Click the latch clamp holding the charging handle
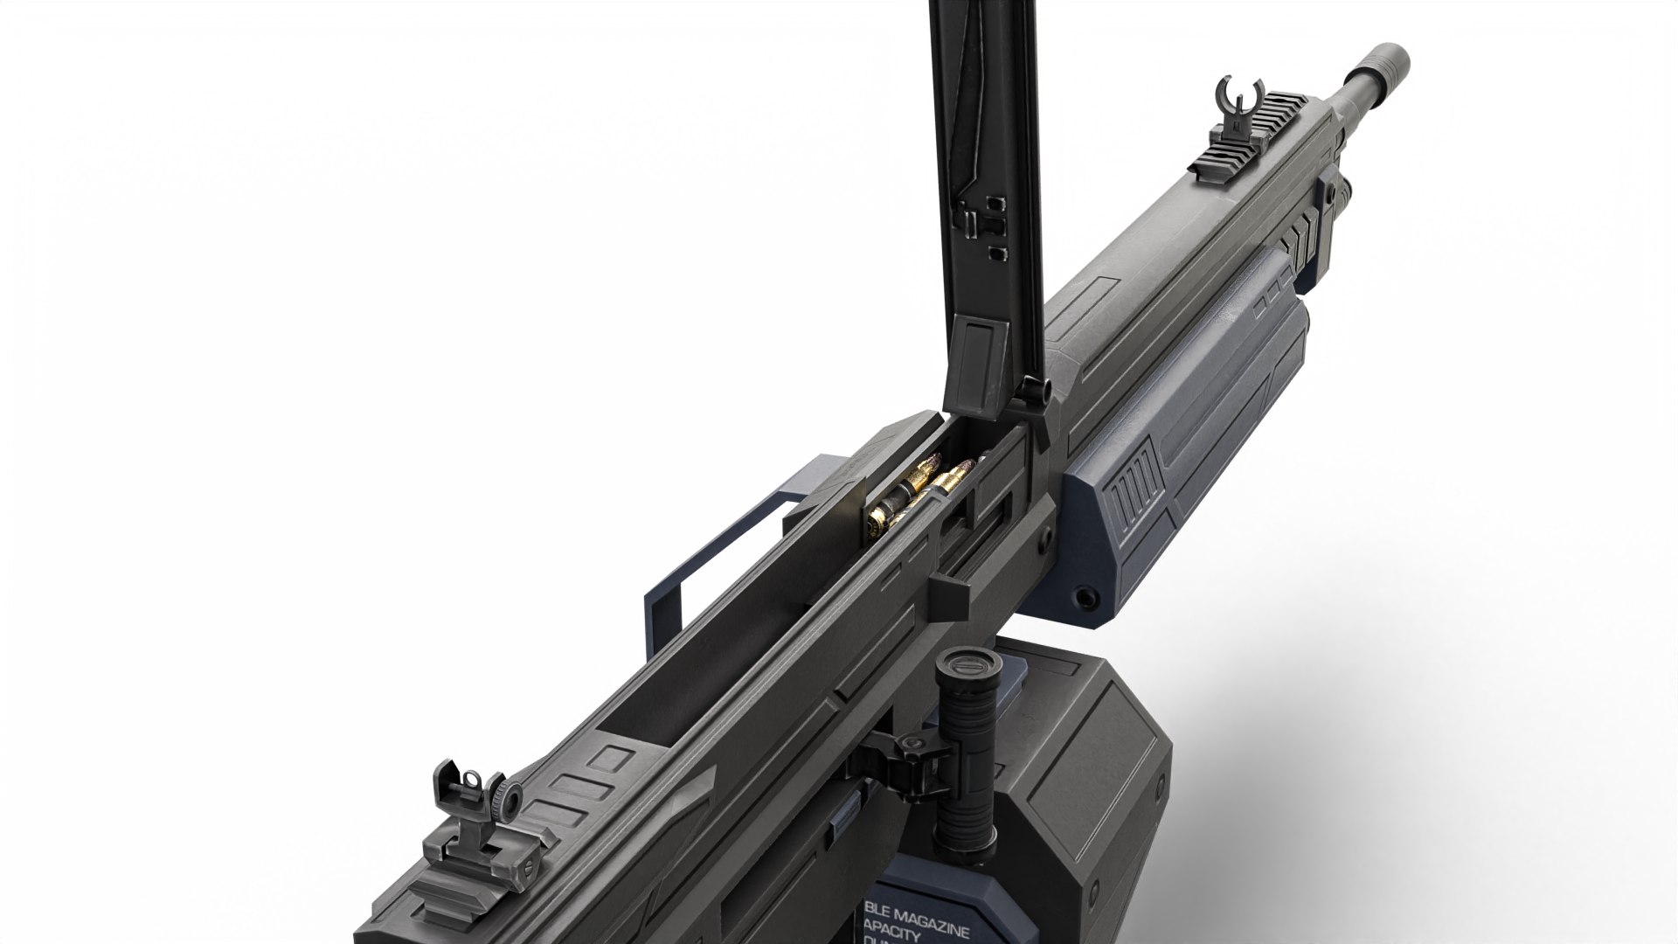(x=905, y=752)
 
